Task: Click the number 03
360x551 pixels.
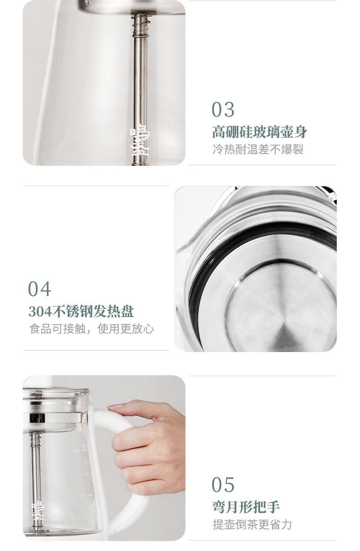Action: click(x=223, y=110)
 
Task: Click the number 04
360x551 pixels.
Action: click(x=39, y=289)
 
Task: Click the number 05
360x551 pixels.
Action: click(x=223, y=485)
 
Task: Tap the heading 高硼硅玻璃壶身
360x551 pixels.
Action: click(x=260, y=132)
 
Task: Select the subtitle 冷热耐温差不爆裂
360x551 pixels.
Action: click(x=258, y=149)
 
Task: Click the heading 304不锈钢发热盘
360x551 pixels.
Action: click(x=81, y=311)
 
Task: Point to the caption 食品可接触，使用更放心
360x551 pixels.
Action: click(x=92, y=329)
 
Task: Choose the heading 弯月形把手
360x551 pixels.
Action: click(x=246, y=507)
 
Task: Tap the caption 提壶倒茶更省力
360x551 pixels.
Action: click(x=252, y=525)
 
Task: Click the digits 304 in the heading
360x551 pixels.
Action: click(x=41, y=311)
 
